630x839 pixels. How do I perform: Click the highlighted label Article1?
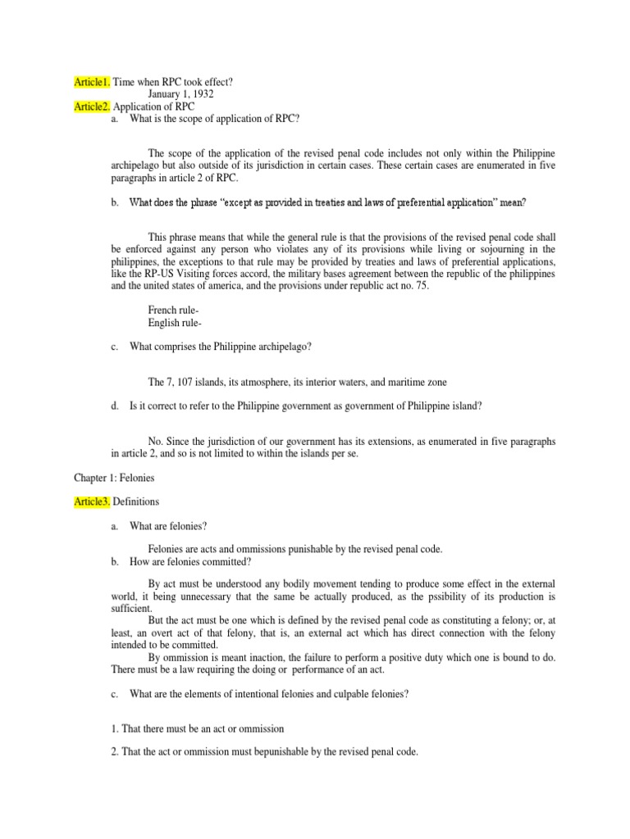point(90,83)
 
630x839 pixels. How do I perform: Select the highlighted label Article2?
point(90,107)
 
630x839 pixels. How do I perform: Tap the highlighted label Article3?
point(90,501)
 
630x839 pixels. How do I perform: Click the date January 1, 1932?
point(186,94)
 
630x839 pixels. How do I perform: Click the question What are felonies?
point(173,525)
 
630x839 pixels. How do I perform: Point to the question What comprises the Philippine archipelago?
point(220,347)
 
